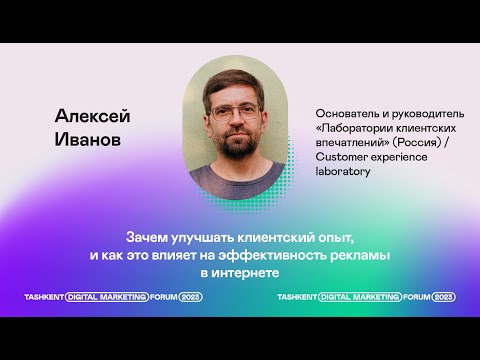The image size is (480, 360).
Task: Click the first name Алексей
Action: (x=93, y=115)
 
